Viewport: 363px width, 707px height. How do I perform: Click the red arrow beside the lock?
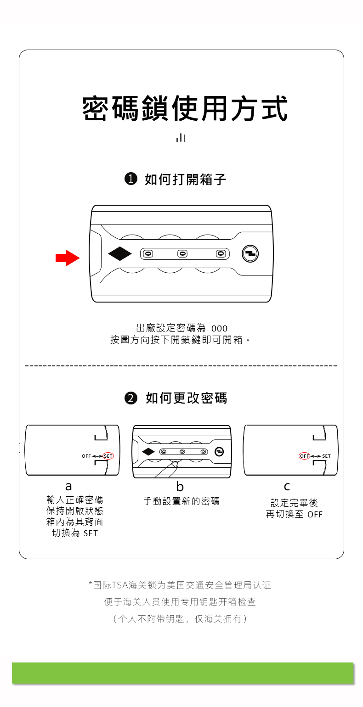tap(67, 258)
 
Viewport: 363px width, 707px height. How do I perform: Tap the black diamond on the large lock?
tap(120, 253)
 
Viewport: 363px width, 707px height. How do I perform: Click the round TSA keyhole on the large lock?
tap(250, 254)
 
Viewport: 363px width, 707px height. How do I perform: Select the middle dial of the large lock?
tap(182, 254)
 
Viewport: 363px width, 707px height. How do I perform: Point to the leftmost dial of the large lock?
tap(148, 254)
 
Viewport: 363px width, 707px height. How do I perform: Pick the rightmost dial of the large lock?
tap(221, 254)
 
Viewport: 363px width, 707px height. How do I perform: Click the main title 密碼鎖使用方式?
tap(185, 109)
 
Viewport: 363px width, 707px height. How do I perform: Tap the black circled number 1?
tap(131, 179)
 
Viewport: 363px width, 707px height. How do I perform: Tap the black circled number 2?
tap(131, 398)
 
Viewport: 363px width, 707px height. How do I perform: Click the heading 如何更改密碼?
tap(186, 398)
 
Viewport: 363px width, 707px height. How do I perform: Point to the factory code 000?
tap(219, 329)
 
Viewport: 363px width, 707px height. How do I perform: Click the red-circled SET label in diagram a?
tap(108, 456)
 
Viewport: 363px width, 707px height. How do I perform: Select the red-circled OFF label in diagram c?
tap(304, 456)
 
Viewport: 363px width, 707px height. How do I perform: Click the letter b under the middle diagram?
tap(180, 486)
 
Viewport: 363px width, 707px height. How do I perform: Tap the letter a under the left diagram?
tap(68, 486)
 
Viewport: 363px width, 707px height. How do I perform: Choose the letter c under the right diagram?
tap(287, 486)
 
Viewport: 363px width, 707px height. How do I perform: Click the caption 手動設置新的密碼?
tap(181, 501)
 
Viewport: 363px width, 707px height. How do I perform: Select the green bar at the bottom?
tap(182, 673)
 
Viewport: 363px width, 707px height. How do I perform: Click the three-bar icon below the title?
tap(181, 138)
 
